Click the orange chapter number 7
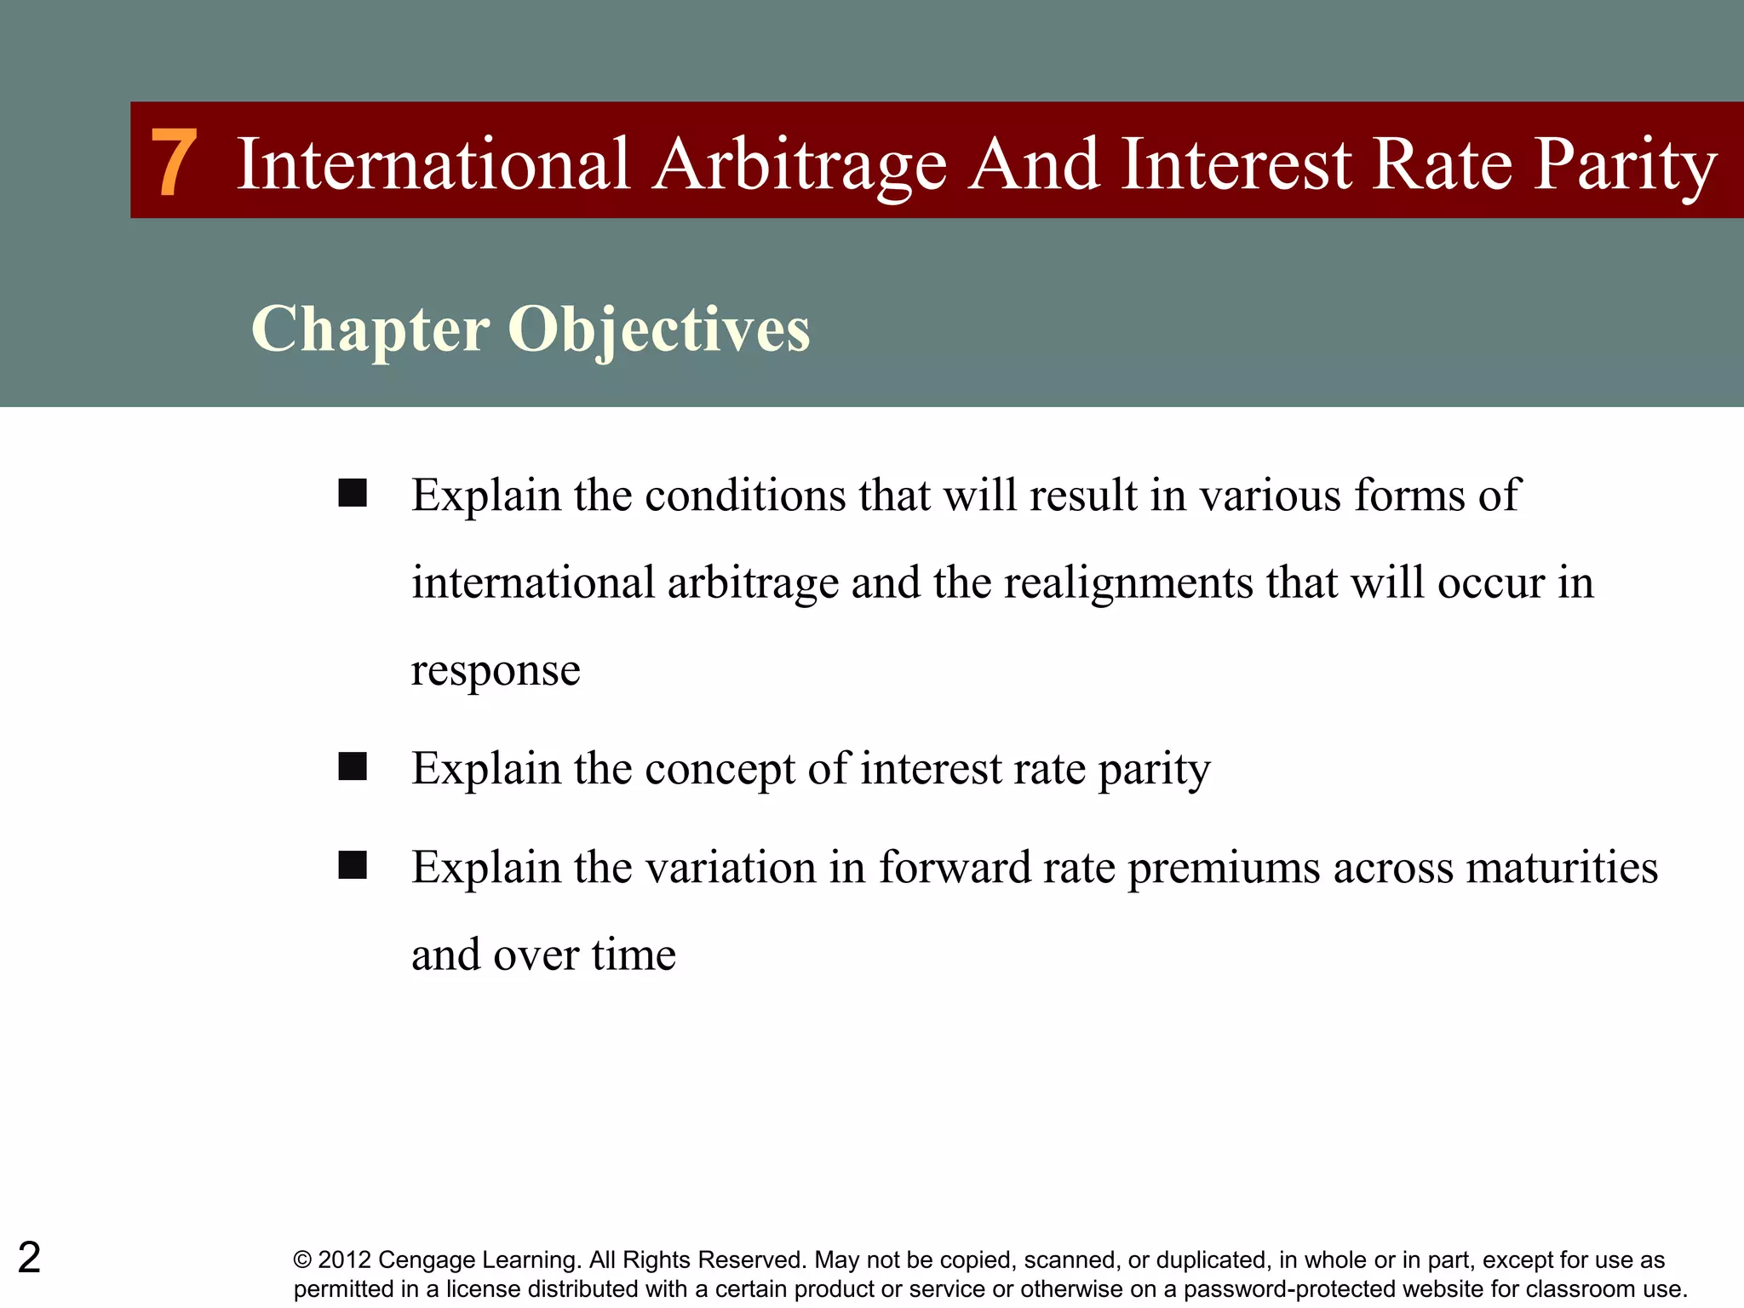coord(175,163)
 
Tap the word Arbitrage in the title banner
coord(800,164)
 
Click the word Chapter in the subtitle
coord(370,330)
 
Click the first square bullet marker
coord(352,493)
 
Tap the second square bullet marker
coord(352,766)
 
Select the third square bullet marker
coord(352,865)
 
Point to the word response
coord(496,671)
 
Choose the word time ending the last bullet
coord(634,955)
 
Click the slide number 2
coord(29,1258)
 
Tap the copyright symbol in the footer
coord(302,1260)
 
